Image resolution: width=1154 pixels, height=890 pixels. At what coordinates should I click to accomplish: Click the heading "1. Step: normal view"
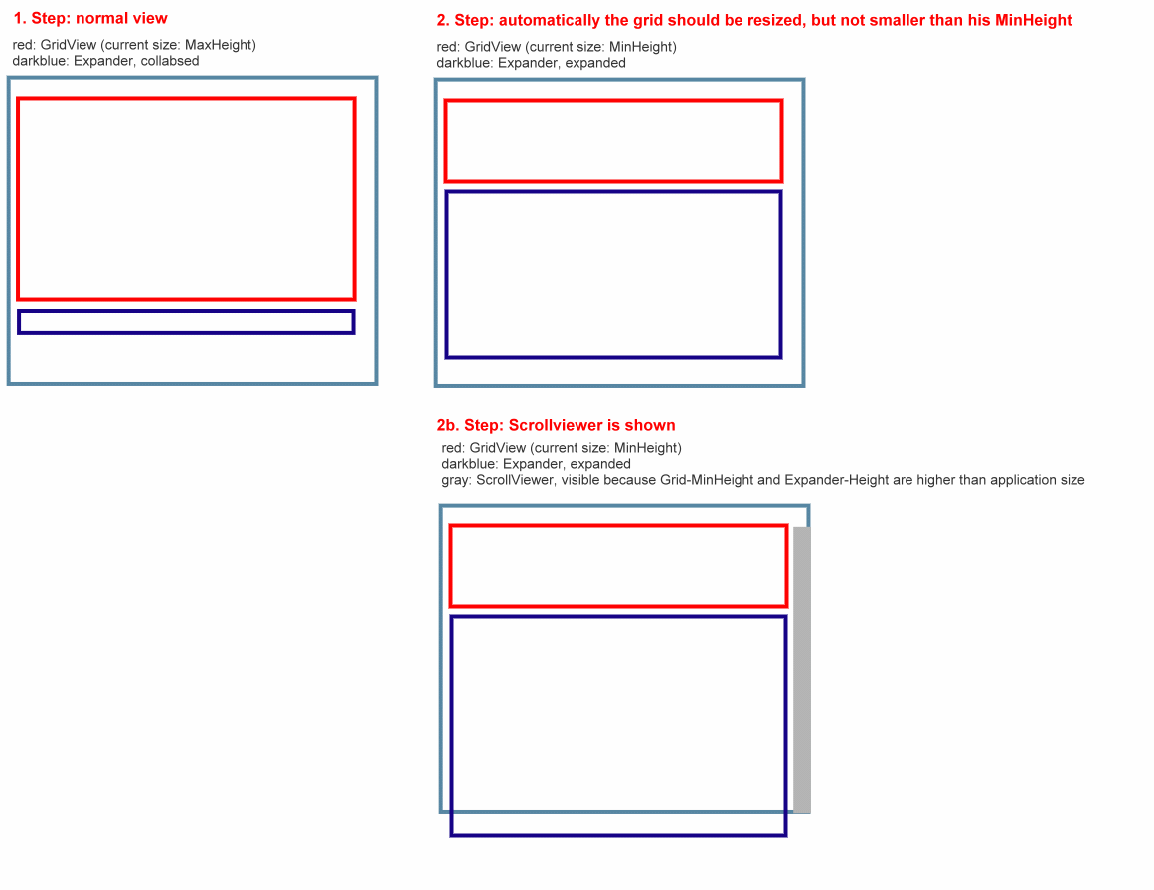(90, 19)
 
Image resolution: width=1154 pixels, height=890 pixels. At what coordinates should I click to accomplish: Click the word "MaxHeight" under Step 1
(219, 45)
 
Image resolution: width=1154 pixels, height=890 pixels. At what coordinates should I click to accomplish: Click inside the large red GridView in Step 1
(186, 200)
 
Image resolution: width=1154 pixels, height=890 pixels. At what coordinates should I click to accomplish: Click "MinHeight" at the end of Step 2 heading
(1034, 21)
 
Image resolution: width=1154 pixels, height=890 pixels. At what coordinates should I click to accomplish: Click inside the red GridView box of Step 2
(614, 141)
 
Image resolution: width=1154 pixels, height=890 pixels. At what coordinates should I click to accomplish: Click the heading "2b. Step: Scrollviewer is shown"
(556, 425)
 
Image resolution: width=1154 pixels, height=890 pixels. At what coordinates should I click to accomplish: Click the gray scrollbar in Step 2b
(801, 669)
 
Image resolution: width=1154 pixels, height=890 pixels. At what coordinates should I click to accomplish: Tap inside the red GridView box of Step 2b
(619, 566)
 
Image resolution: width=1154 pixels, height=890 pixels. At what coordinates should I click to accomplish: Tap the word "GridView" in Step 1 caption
(69, 45)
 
